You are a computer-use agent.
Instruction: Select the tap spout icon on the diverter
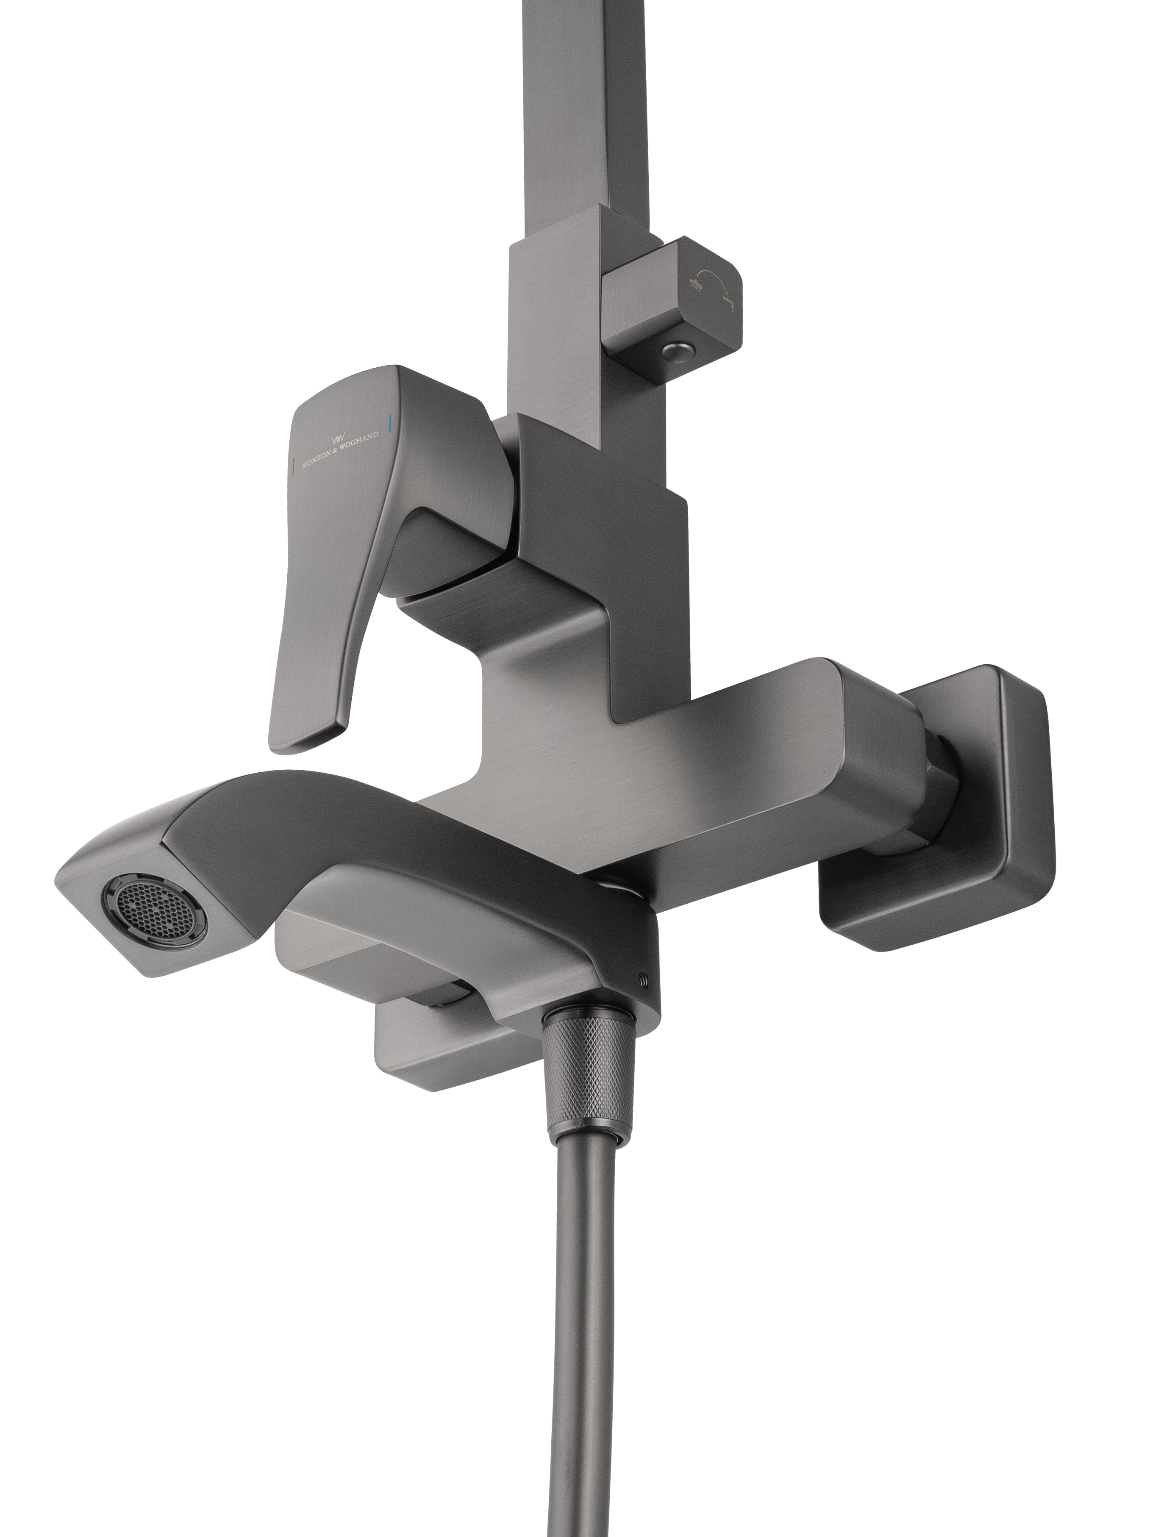[728, 300]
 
